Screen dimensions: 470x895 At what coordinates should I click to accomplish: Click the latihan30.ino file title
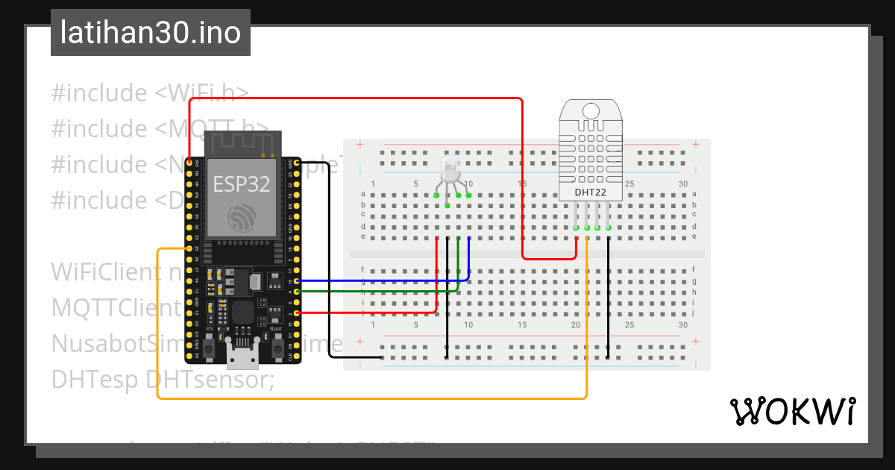tap(150, 34)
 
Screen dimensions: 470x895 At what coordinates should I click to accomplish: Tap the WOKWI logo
tap(792, 411)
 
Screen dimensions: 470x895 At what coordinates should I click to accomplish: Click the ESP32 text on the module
tap(242, 184)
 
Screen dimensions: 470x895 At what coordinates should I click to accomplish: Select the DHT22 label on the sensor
tap(589, 192)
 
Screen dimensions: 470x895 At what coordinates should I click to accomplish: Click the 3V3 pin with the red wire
tap(189, 161)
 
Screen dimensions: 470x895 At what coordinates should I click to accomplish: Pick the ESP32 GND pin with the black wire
tap(298, 161)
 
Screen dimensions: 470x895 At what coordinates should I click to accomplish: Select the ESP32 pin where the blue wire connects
tap(298, 281)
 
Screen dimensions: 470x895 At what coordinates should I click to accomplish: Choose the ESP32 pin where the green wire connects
tap(298, 291)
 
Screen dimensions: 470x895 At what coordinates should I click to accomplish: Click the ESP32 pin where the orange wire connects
tap(189, 248)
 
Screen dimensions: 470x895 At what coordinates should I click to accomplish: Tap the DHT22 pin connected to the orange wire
tap(587, 228)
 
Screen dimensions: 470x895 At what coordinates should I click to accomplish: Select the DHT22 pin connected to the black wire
tap(609, 228)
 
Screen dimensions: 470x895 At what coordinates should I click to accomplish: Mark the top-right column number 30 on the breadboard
tap(682, 184)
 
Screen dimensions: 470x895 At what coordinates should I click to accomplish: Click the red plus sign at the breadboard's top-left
tap(360, 145)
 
